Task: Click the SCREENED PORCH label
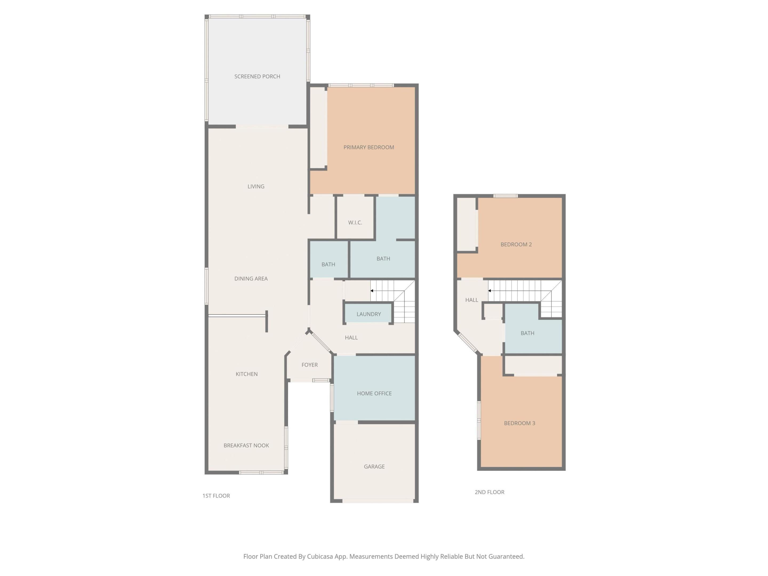point(257,76)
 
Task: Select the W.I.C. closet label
point(355,223)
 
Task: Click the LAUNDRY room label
point(368,314)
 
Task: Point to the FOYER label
point(309,365)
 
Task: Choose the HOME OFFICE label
point(374,393)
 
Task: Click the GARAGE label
point(374,467)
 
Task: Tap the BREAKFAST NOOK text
point(246,445)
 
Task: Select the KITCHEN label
point(246,374)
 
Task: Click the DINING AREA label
point(251,278)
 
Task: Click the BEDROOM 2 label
point(516,245)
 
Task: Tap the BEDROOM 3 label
point(519,423)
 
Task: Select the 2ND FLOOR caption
point(489,492)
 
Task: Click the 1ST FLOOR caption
point(216,496)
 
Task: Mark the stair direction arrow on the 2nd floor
point(490,291)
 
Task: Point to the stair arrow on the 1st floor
point(372,291)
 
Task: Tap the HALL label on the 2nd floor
point(471,300)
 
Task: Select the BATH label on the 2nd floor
point(527,333)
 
